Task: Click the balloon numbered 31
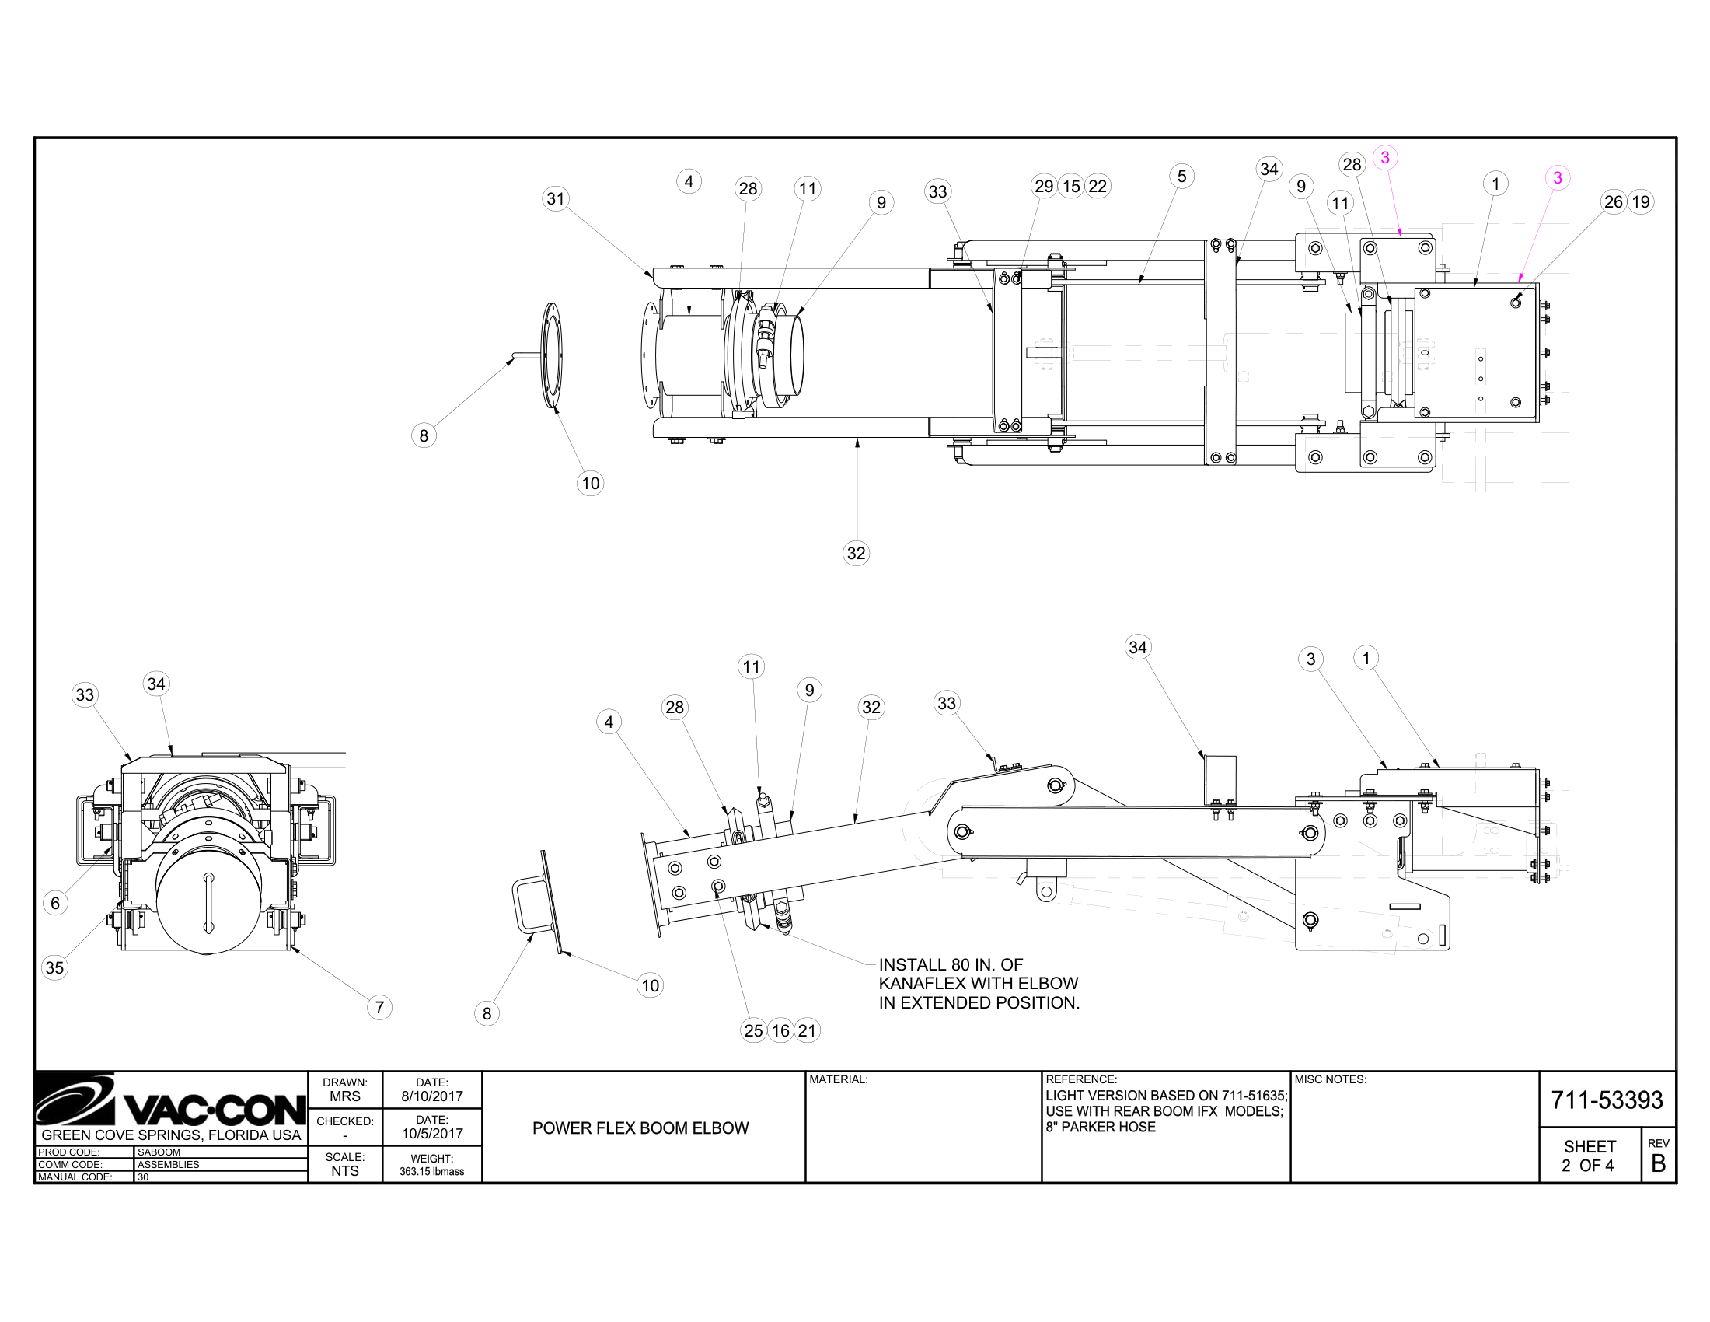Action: (555, 198)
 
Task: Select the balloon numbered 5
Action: (1181, 177)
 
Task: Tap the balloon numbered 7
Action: (379, 1007)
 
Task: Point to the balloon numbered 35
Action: (54, 967)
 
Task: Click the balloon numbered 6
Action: (55, 903)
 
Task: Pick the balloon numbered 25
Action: (753, 1030)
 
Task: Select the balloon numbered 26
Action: (1613, 202)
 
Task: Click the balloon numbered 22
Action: (1098, 187)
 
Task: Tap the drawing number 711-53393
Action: (1607, 1100)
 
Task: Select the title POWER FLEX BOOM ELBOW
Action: (640, 1128)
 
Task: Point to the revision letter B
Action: (1658, 1164)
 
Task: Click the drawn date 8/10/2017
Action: (432, 1096)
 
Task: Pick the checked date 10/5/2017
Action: (432, 1133)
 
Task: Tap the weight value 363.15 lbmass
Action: (432, 1172)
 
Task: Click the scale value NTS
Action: (344, 1171)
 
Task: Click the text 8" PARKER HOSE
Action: (1100, 1127)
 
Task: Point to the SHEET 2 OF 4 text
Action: (1589, 1156)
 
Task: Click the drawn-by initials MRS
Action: (344, 1096)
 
